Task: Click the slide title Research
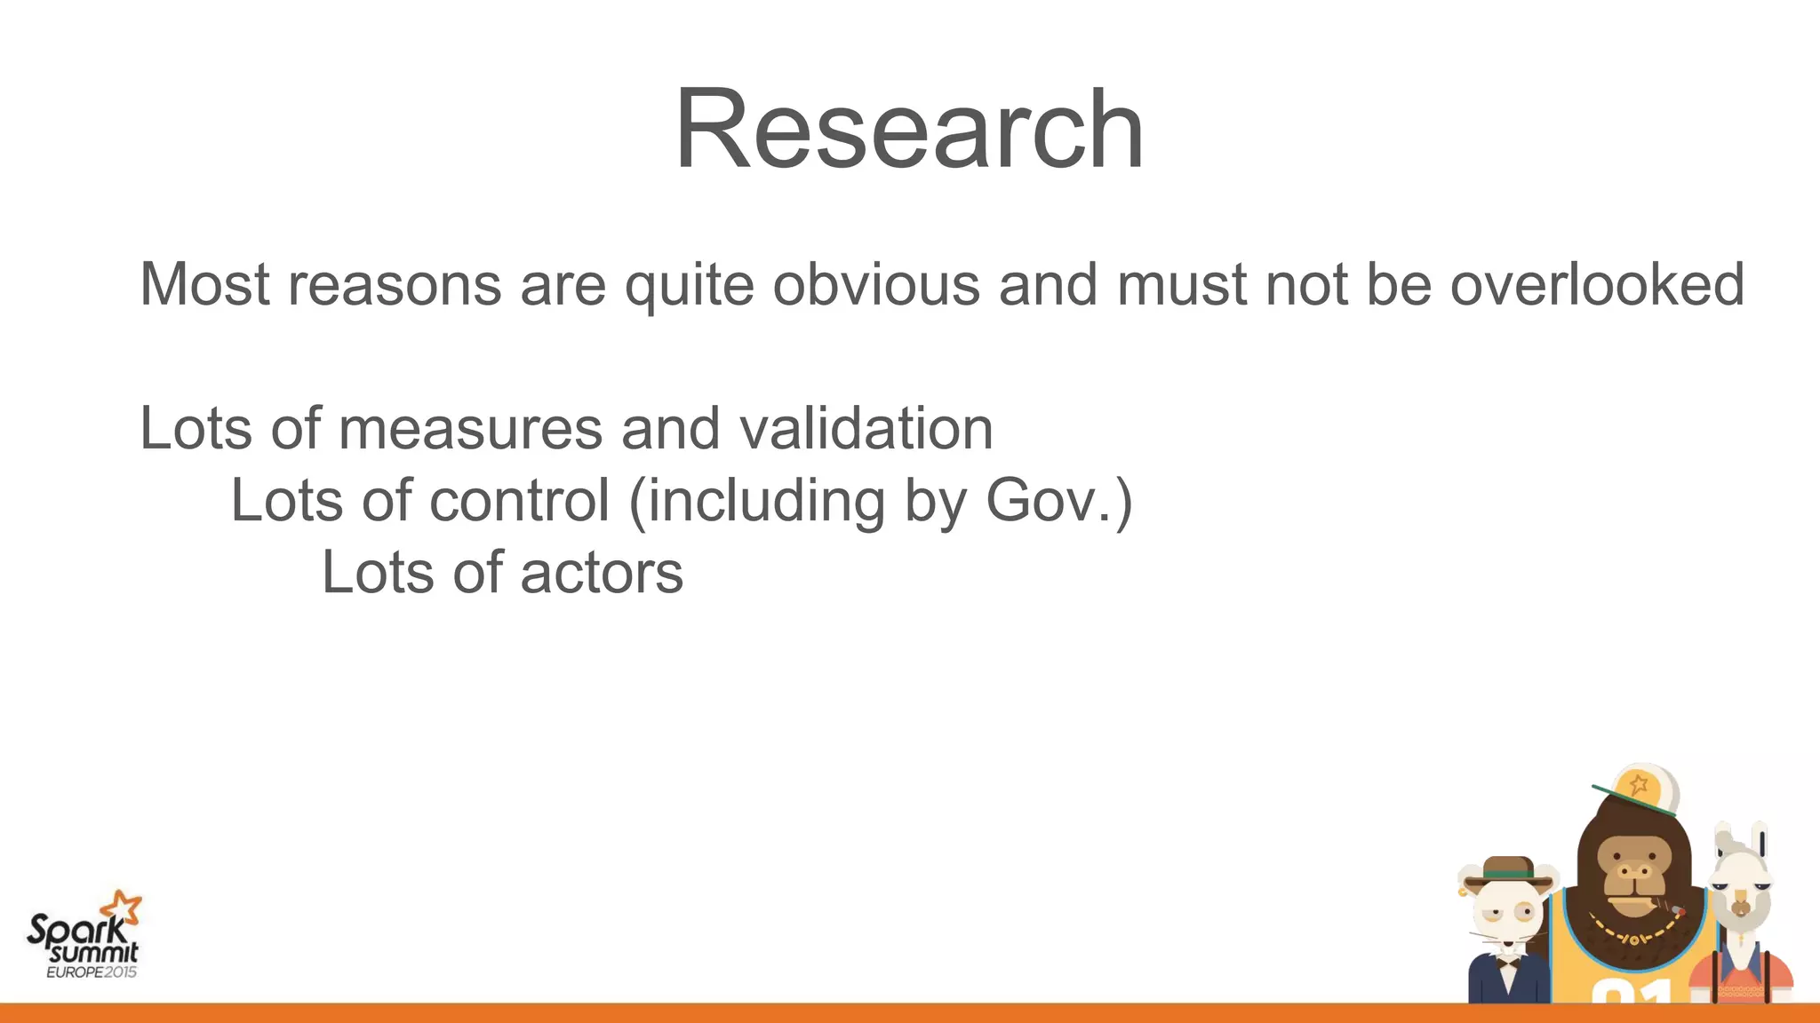909,130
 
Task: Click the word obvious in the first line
876,285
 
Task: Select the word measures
470,429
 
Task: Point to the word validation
866,429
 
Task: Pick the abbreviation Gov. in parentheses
1049,501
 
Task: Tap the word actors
602,573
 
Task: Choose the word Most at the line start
204,285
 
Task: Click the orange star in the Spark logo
120,908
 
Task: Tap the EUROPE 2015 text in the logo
92,971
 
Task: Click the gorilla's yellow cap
1640,787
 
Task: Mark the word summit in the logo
93,953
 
